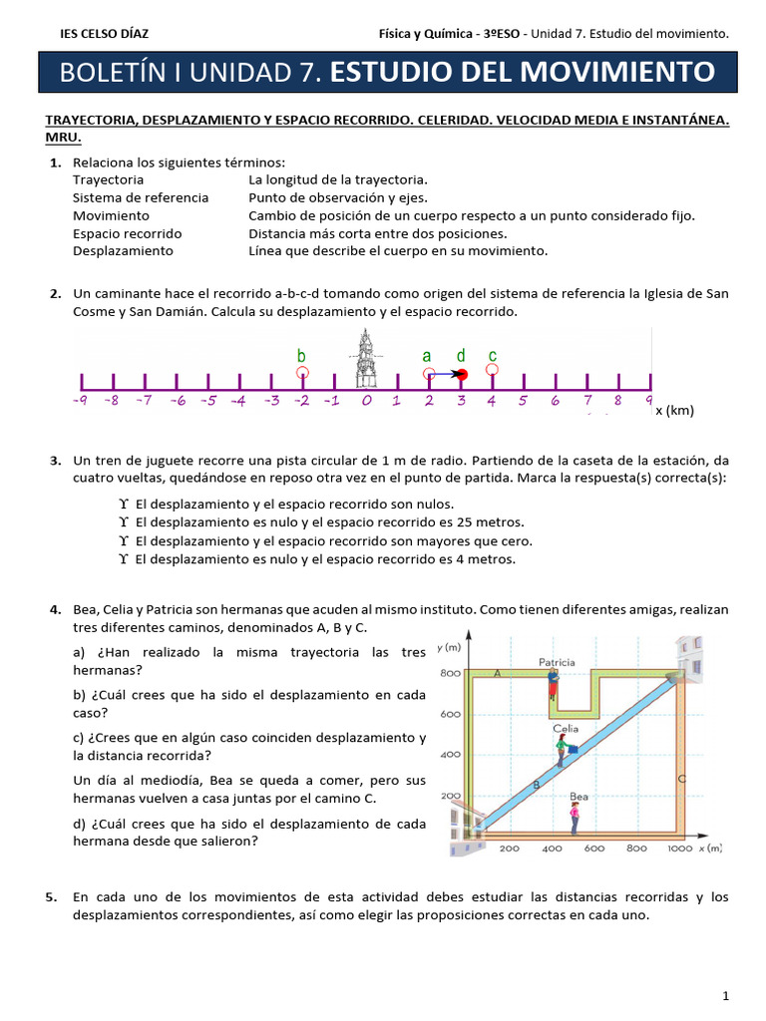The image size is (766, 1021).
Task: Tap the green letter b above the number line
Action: pyautogui.click(x=301, y=356)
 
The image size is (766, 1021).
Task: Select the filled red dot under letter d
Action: pyautogui.click(x=461, y=374)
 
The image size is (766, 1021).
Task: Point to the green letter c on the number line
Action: pyautogui.click(x=493, y=356)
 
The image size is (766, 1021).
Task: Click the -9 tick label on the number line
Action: pyautogui.click(x=81, y=401)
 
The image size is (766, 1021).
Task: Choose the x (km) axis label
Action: pyautogui.click(x=673, y=411)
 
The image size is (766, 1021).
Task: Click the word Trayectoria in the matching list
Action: pyautogui.click(x=108, y=179)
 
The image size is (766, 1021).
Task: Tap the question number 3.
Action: pyautogui.click(x=55, y=461)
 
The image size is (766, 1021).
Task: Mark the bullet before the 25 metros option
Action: pyautogui.click(x=124, y=522)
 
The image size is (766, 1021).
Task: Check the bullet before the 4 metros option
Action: pyautogui.click(x=124, y=560)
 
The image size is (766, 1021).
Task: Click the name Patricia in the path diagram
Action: pyautogui.click(x=557, y=662)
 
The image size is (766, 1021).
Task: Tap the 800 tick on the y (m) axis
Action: pyautogui.click(x=449, y=674)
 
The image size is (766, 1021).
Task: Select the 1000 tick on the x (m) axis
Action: pyautogui.click(x=679, y=849)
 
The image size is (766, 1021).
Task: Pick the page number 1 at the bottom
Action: pyautogui.click(x=726, y=995)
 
